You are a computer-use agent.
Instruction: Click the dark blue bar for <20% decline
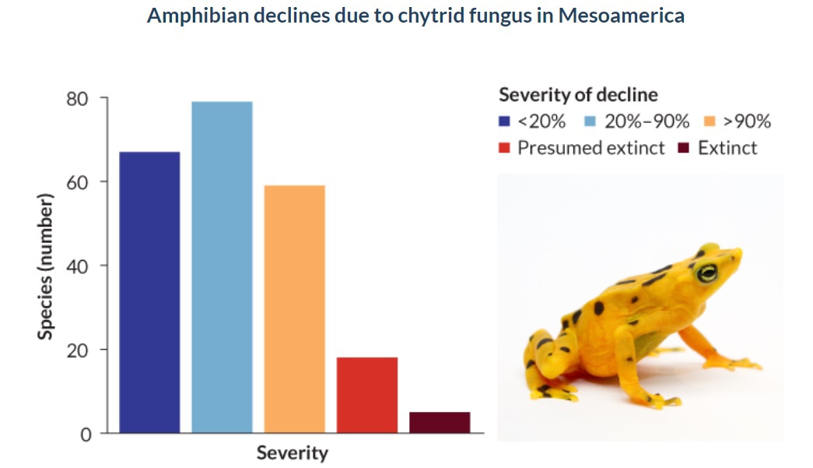point(149,292)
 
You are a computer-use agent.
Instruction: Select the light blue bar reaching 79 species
point(222,267)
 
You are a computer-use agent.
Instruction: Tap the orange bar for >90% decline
point(294,309)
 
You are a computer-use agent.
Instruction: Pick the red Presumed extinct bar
point(366,395)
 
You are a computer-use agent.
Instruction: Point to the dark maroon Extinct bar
point(440,422)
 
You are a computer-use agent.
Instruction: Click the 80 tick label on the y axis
point(82,99)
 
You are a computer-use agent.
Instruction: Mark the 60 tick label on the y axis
point(82,182)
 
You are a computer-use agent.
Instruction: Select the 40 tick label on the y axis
point(82,266)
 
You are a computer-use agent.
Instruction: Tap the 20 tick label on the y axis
point(82,350)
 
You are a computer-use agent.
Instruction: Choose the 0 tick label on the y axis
point(86,434)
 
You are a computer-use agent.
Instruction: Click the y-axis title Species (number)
point(46,267)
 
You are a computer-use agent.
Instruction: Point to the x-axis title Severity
point(293,452)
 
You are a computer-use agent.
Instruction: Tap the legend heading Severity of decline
point(578,95)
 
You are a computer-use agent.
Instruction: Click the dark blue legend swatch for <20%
point(504,122)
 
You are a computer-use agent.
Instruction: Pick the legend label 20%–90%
point(646,122)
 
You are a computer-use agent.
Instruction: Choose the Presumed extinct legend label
point(591,148)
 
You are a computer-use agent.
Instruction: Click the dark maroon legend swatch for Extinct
point(685,148)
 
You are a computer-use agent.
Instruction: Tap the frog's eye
point(707,273)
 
